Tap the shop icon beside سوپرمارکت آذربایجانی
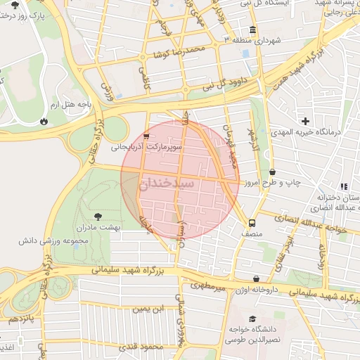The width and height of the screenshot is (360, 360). click(146, 136)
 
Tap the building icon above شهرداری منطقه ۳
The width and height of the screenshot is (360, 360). click(252, 30)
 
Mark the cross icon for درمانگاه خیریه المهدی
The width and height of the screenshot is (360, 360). click(305, 121)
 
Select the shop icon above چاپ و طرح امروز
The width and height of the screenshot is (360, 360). click(272, 172)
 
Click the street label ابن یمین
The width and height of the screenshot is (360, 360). click(148, 308)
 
